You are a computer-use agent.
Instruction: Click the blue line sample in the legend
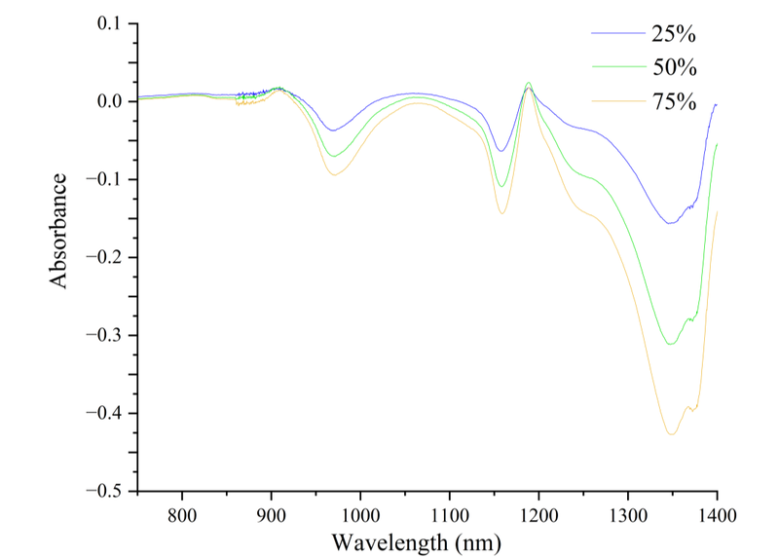(x=617, y=34)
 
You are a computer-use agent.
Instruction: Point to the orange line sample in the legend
(x=617, y=99)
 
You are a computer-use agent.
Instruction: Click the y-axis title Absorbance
(x=59, y=230)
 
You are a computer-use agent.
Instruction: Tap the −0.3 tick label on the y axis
(x=103, y=335)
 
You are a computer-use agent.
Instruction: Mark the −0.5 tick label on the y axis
(x=103, y=491)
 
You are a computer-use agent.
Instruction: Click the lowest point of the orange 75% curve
(x=672, y=434)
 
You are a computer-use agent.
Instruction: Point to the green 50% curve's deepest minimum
(x=670, y=345)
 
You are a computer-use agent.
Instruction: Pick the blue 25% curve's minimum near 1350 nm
(x=670, y=224)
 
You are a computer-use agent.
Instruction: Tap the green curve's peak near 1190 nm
(x=528, y=83)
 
